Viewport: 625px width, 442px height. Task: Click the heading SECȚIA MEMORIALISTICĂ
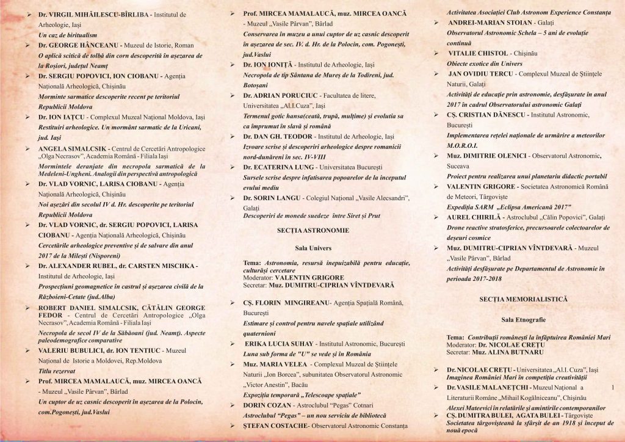point(523,299)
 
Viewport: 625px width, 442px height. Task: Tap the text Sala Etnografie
point(523,319)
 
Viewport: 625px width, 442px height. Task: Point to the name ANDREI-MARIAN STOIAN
point(491,23)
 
